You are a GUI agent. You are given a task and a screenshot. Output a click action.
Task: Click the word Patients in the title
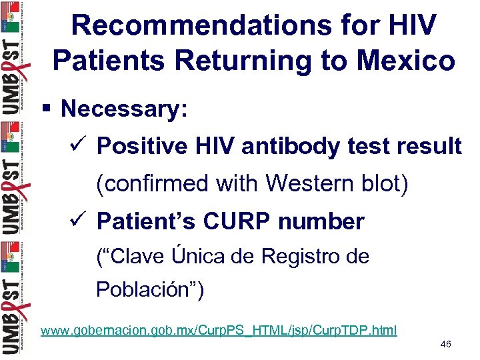(x=107, y=61)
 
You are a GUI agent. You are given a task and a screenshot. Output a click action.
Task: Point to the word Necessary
(x=124, y=109)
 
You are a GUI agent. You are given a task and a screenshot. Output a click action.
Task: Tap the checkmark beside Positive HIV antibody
(x=81, y=145)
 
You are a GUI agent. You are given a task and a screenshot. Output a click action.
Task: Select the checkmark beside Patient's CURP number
(x=81, y=221)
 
